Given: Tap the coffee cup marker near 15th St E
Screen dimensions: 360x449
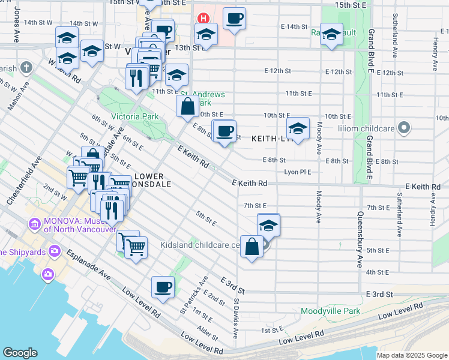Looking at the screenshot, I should click(234, 18).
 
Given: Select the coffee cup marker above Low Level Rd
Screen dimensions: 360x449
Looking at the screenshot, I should click(163, 287).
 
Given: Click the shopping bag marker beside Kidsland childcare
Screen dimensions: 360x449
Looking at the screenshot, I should click(252, 247).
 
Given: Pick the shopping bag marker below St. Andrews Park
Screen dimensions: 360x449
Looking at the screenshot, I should click(188, 107).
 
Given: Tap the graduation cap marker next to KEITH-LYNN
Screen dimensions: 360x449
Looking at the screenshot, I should click(298, 128).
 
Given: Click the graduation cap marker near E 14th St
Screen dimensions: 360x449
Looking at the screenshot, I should click(331, 34).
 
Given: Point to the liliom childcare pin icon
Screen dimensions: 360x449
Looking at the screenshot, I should click(405, 127).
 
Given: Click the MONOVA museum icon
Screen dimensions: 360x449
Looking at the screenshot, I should click(34, 226).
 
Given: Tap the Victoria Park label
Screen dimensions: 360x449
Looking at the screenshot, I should click(133, 116).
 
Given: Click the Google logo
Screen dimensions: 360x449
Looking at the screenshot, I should click(20, 353).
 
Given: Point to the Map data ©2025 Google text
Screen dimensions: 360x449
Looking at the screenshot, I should click(411, 355).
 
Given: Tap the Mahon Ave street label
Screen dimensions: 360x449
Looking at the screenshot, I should click(17, 95).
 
